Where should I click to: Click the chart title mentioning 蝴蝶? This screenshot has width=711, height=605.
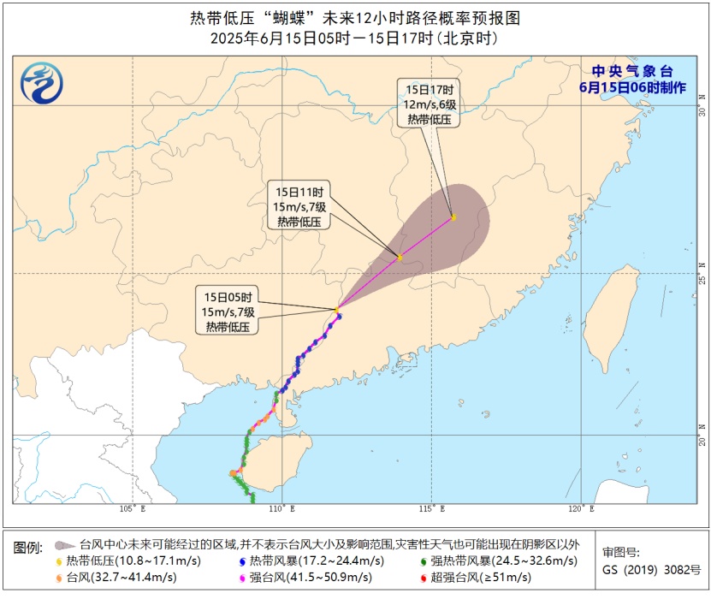pos(354,18)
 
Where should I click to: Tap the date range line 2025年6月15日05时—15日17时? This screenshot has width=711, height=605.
pos(354,39)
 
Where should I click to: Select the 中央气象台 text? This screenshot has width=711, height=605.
pos(633,71)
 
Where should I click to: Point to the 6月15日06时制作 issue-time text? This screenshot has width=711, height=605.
pos(633,87)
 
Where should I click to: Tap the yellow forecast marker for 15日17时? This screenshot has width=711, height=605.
pos(453,217)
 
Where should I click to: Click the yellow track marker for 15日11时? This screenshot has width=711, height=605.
pos(400,257)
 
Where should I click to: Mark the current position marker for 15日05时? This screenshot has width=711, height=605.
pos(338,309)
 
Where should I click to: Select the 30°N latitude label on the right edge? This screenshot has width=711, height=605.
pos(702,112)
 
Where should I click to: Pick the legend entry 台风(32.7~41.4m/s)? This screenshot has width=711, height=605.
pos(120,578)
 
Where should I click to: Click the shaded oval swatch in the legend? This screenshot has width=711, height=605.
pos(62,544)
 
